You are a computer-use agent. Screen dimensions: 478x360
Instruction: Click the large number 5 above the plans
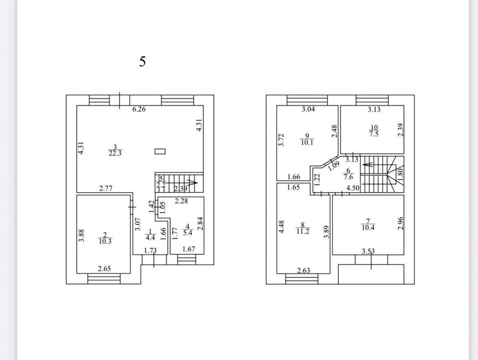pyautogui.click(x=142, y=61)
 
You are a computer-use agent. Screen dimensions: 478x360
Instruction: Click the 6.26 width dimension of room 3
pyautogui.click(x=139, y=109)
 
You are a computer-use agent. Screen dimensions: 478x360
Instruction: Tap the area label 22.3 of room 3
pyautogui.click(x=115, y=153)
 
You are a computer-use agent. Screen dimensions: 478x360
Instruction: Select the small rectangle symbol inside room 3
pyautogui.click(x=160, y=151)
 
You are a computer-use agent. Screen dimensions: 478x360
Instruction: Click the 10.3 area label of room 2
pyautogui.click(x=105, y=241)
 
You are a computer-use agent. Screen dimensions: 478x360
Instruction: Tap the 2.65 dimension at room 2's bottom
pyautogui.click(x=104, y=269)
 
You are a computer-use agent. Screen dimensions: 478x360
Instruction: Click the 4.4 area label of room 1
pyautogui.click(x=150, y=237)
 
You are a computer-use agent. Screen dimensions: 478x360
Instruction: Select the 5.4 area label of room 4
pyautogui.click(x=187, y=233)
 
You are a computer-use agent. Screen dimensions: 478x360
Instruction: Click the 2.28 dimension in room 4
pyautogui.click(x=181, y=201)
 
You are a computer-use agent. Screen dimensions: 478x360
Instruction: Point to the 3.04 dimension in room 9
pyautogui.click(x=308, y=109)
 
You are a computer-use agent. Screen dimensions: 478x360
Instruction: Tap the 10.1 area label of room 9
pyautogui.click(x=307, y=143)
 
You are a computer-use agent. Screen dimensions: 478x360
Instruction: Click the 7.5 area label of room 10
pyautogui.click(x=374, y=134)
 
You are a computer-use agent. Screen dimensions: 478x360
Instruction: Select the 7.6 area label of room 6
pyautogui.click(x=348, y=177)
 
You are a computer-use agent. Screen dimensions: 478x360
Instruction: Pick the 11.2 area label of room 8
pyautogui.click(x=303, y=231)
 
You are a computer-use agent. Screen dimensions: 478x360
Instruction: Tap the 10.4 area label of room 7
pyautogui.click(x=368, y=228)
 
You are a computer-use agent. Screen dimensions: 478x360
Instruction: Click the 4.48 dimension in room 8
pyautogui.click(x=282, y=227)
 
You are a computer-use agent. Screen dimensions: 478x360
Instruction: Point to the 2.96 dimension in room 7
pyautogui.click(x=400, y=223)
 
